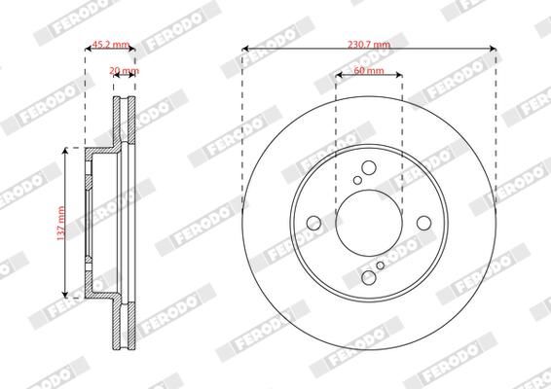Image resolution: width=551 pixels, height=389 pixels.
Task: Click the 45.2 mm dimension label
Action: point(110,45)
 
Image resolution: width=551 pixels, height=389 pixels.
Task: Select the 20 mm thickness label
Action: point(124,71)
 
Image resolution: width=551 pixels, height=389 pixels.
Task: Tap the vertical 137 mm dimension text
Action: point(60,223)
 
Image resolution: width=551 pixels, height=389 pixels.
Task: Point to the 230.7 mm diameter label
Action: point(368,45)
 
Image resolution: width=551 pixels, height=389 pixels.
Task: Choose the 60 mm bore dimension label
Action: point(368,71)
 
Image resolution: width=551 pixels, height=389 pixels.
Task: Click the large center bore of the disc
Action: point(368,223)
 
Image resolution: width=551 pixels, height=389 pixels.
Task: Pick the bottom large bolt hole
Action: point(368,279)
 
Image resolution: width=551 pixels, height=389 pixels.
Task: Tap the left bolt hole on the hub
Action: point(312,224)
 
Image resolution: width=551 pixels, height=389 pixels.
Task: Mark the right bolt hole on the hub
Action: point(424,224)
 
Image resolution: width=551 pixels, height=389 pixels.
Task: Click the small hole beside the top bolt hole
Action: point(357,180)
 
